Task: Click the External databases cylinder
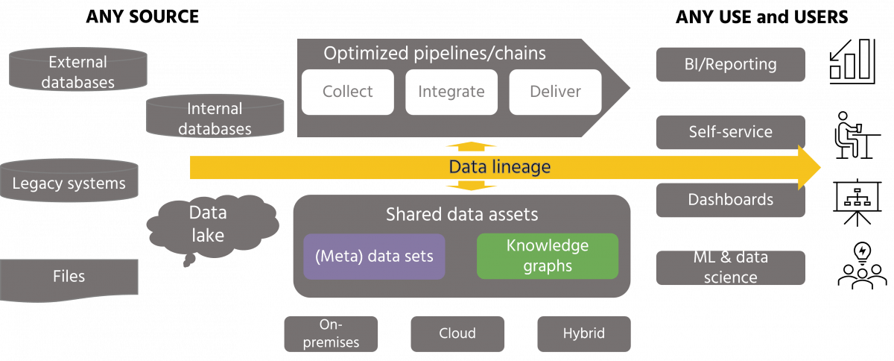coord(78,72)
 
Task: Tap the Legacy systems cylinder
coord(69,183)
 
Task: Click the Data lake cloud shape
coord(207,224)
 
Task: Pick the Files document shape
coord(69,277)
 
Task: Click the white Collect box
coord(347,92)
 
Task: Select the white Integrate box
coord(451,92)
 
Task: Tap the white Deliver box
coord(555,92)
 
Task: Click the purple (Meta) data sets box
coord(374,256)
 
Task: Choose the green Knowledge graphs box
coord(548,256)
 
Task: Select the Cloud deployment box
coord(457,333)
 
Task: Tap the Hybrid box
coord(584,333)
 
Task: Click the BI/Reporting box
coord(730,65)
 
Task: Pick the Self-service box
coord(730,132)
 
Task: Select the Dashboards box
coord(730,200)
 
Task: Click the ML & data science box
coord(730,268)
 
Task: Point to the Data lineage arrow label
coord(499,167)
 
